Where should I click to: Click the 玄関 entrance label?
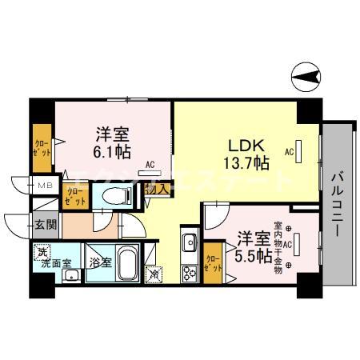pyautogui.click(x=46, y=226)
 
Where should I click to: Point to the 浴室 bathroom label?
pyautogui.click(x=100, y=262)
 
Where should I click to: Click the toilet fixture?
pyautogui.click(x=117, y=195)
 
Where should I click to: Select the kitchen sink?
pyautogui.click(x=190, y=242)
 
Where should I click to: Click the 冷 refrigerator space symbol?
pyautogui.click(x=156, y=274)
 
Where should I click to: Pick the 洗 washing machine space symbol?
pyautogui.click(x=41, y=251)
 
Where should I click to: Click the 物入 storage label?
pyautogui.click(x=155, y=189)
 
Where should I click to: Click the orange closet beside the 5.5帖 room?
pyautogui.click(x=212, y=262)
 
